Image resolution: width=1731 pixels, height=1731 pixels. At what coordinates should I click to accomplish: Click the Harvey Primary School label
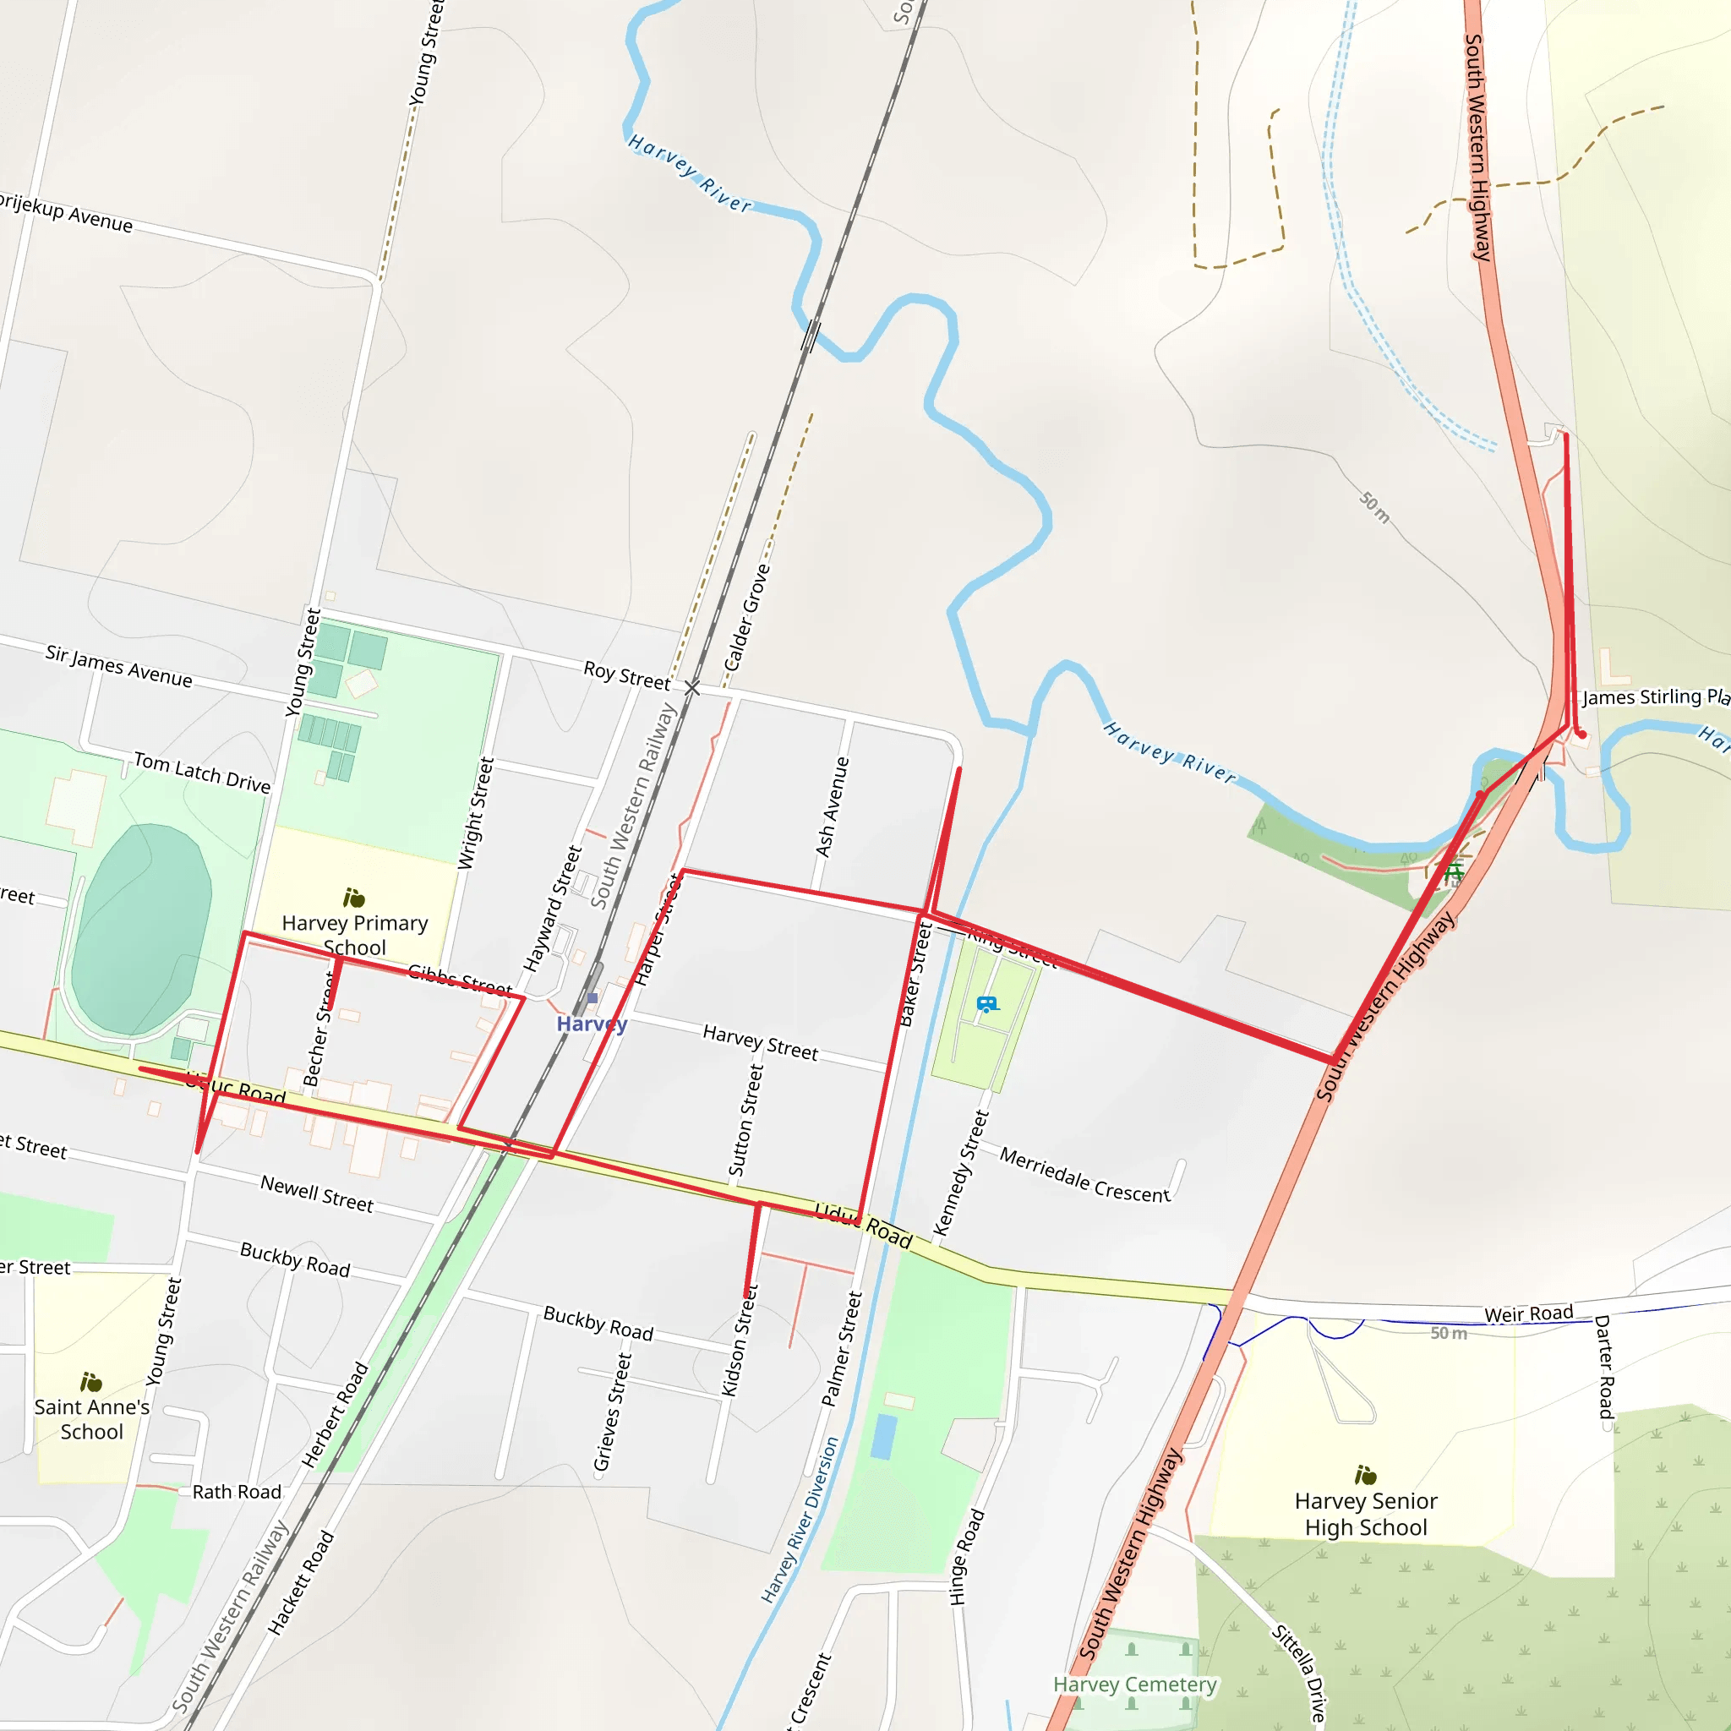(355, 935)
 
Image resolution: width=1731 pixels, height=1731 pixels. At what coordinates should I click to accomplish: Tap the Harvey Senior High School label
(1366, 1513)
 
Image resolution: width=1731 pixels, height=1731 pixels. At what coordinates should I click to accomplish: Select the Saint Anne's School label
(91, 1419)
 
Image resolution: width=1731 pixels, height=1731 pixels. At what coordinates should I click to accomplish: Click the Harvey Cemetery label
(1134, 1685)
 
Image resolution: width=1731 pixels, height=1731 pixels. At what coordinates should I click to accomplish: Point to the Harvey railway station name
(592, 1024)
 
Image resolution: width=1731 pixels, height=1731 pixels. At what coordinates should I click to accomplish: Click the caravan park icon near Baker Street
(986, 1004)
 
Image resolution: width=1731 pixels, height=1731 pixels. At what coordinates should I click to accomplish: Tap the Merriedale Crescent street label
(1084, 1175)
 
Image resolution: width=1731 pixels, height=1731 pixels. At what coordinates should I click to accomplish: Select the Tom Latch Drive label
(202, 773)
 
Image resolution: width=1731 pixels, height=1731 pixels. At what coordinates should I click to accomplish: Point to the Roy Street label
(626, 675)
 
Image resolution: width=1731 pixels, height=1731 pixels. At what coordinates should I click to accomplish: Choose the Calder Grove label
(746, 618)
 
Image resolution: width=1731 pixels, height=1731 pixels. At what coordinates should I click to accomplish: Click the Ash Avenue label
(832, 806)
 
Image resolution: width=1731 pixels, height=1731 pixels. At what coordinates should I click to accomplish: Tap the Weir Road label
(1528, 1314)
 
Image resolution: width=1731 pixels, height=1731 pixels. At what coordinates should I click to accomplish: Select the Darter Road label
(1603, 1368)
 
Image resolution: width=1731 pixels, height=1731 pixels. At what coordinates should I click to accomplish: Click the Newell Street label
(316, 1194)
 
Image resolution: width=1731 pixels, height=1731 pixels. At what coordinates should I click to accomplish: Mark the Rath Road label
(237, 1492)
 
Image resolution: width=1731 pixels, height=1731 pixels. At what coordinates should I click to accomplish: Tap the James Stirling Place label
(1654, 697)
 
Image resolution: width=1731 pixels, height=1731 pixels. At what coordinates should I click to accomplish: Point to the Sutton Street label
(745, 1120)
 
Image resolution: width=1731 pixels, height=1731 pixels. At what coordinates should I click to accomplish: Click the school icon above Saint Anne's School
(90, 1382)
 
